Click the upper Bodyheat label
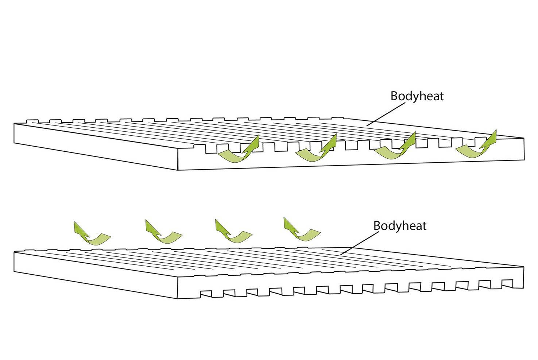417,96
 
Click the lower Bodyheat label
400,225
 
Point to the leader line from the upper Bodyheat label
385,114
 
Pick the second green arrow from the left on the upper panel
317,150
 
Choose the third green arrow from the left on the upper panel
396,148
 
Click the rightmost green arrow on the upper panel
476,146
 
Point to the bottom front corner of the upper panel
178,170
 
